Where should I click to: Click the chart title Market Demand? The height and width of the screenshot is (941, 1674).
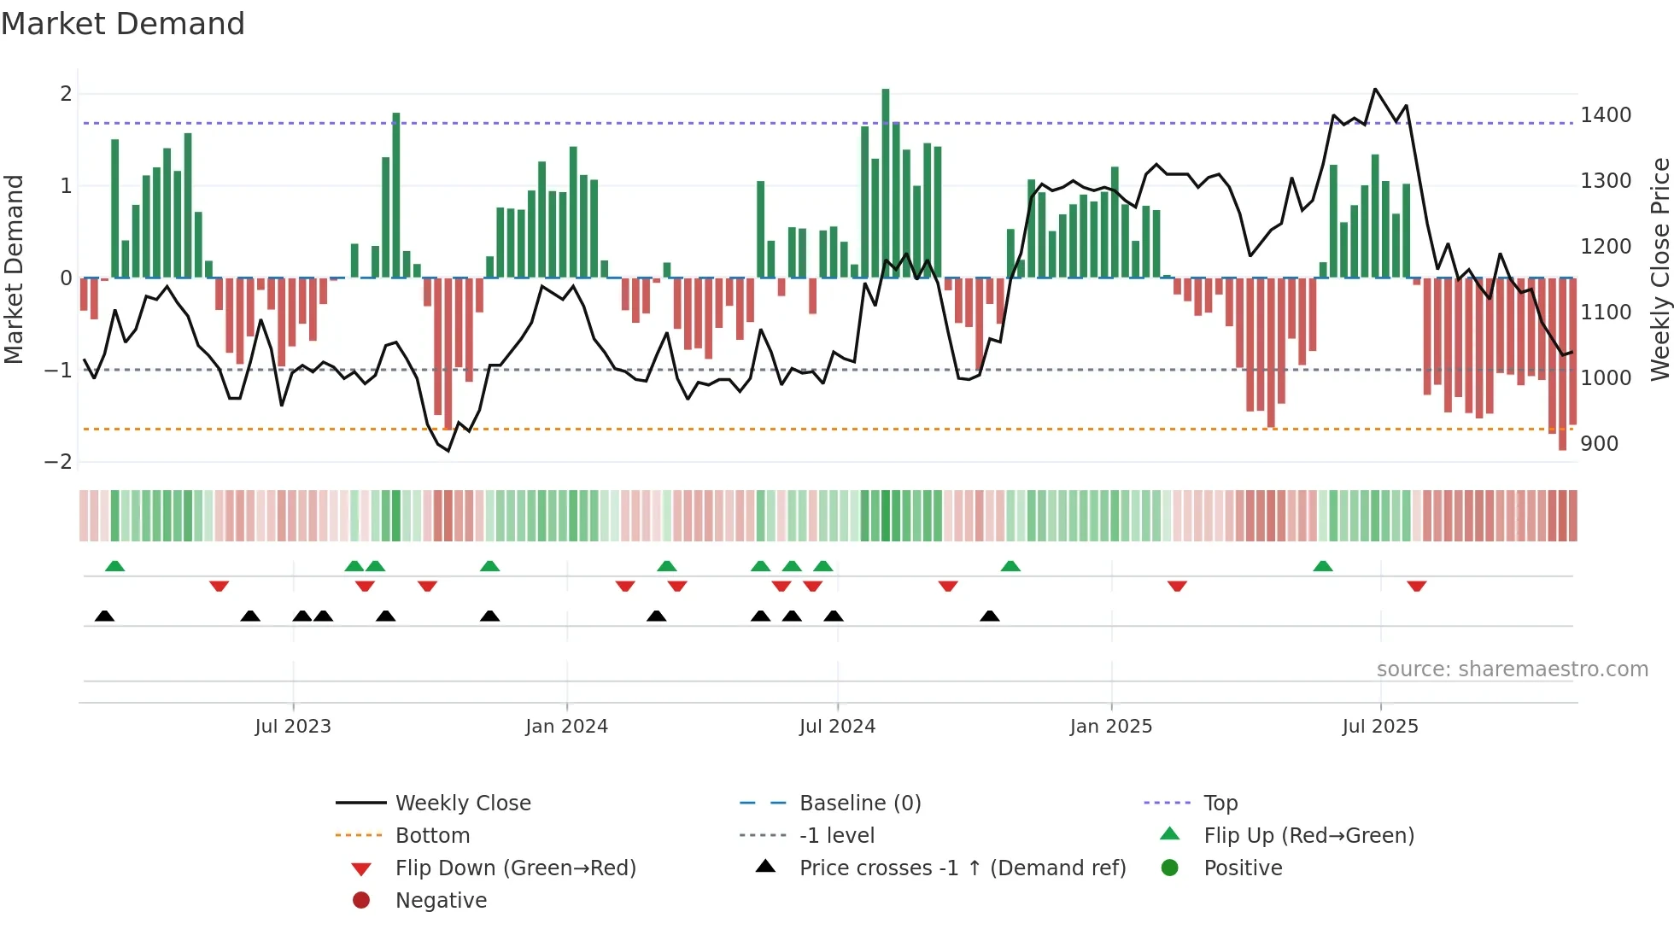123,24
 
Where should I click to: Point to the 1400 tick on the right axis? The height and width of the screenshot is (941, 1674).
1606,115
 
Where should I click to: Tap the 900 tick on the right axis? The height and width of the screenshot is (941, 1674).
1599,444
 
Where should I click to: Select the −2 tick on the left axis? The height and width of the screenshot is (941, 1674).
58,462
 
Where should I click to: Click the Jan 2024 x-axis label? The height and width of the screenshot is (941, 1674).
566,727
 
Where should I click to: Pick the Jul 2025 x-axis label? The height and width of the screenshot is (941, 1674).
1379,727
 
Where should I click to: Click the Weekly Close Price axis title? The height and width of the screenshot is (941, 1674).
1659,269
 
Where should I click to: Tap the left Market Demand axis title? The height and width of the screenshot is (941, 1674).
15,269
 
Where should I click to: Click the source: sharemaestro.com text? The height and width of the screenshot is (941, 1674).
1512,669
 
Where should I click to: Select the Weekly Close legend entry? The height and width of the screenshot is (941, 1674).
462,804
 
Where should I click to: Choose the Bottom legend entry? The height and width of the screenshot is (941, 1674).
432,836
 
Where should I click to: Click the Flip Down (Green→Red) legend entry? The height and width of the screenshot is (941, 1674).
515,868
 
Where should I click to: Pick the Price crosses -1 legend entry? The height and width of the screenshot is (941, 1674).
962,868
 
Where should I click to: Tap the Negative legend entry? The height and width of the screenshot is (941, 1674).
441,901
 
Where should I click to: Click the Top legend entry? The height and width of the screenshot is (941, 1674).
1220,804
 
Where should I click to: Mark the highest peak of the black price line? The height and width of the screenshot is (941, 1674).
1375,89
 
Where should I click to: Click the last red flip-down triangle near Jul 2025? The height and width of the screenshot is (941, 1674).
1417,586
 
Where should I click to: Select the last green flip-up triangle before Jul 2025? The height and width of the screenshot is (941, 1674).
1323,566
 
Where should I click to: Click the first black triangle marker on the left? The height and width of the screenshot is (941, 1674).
104,616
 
